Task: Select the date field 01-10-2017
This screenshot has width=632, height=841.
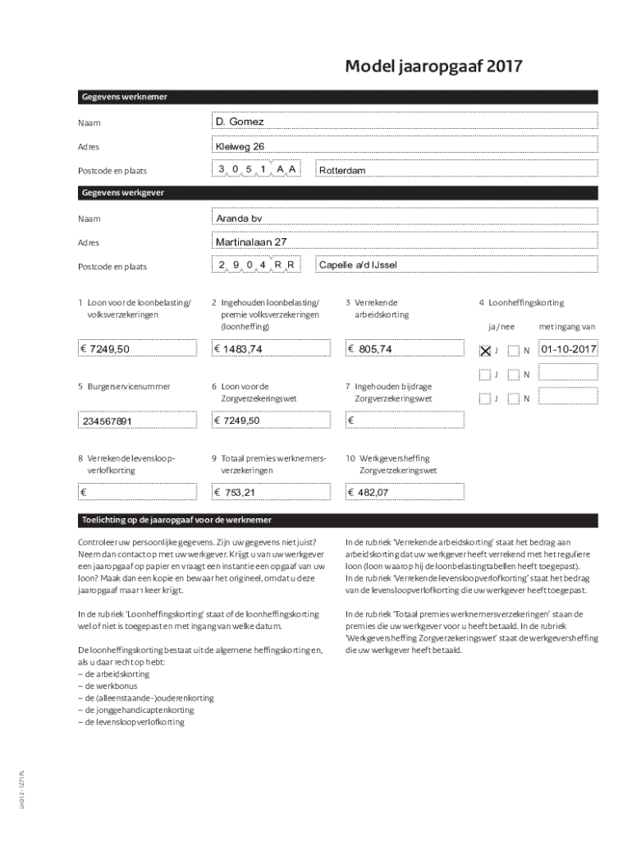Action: (568, 350)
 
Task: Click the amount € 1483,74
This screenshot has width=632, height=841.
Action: (272, 349)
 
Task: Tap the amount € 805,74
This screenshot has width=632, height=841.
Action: (406, 349)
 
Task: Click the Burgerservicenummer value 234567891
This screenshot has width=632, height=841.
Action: (139, 420)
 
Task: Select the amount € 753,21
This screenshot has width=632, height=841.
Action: (272, 492)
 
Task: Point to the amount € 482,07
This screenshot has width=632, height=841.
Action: (406, 492)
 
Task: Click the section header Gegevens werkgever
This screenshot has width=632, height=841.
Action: (122, 192)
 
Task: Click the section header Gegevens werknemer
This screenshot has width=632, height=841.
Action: (124, 97)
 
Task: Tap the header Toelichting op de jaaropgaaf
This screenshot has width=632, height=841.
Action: (176, 521)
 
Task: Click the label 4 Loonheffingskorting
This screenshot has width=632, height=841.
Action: (521, 302)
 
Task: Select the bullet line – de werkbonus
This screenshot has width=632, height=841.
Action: (108, 686)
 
